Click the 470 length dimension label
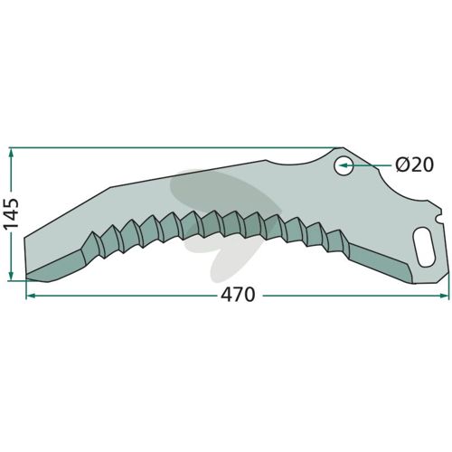point(238,295)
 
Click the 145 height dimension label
point(12,214)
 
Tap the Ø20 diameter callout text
point(415,165)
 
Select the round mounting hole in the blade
point(344,165)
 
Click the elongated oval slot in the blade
point(424,248)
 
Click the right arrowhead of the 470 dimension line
point(444,296)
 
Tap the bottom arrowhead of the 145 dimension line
point(11,275)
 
